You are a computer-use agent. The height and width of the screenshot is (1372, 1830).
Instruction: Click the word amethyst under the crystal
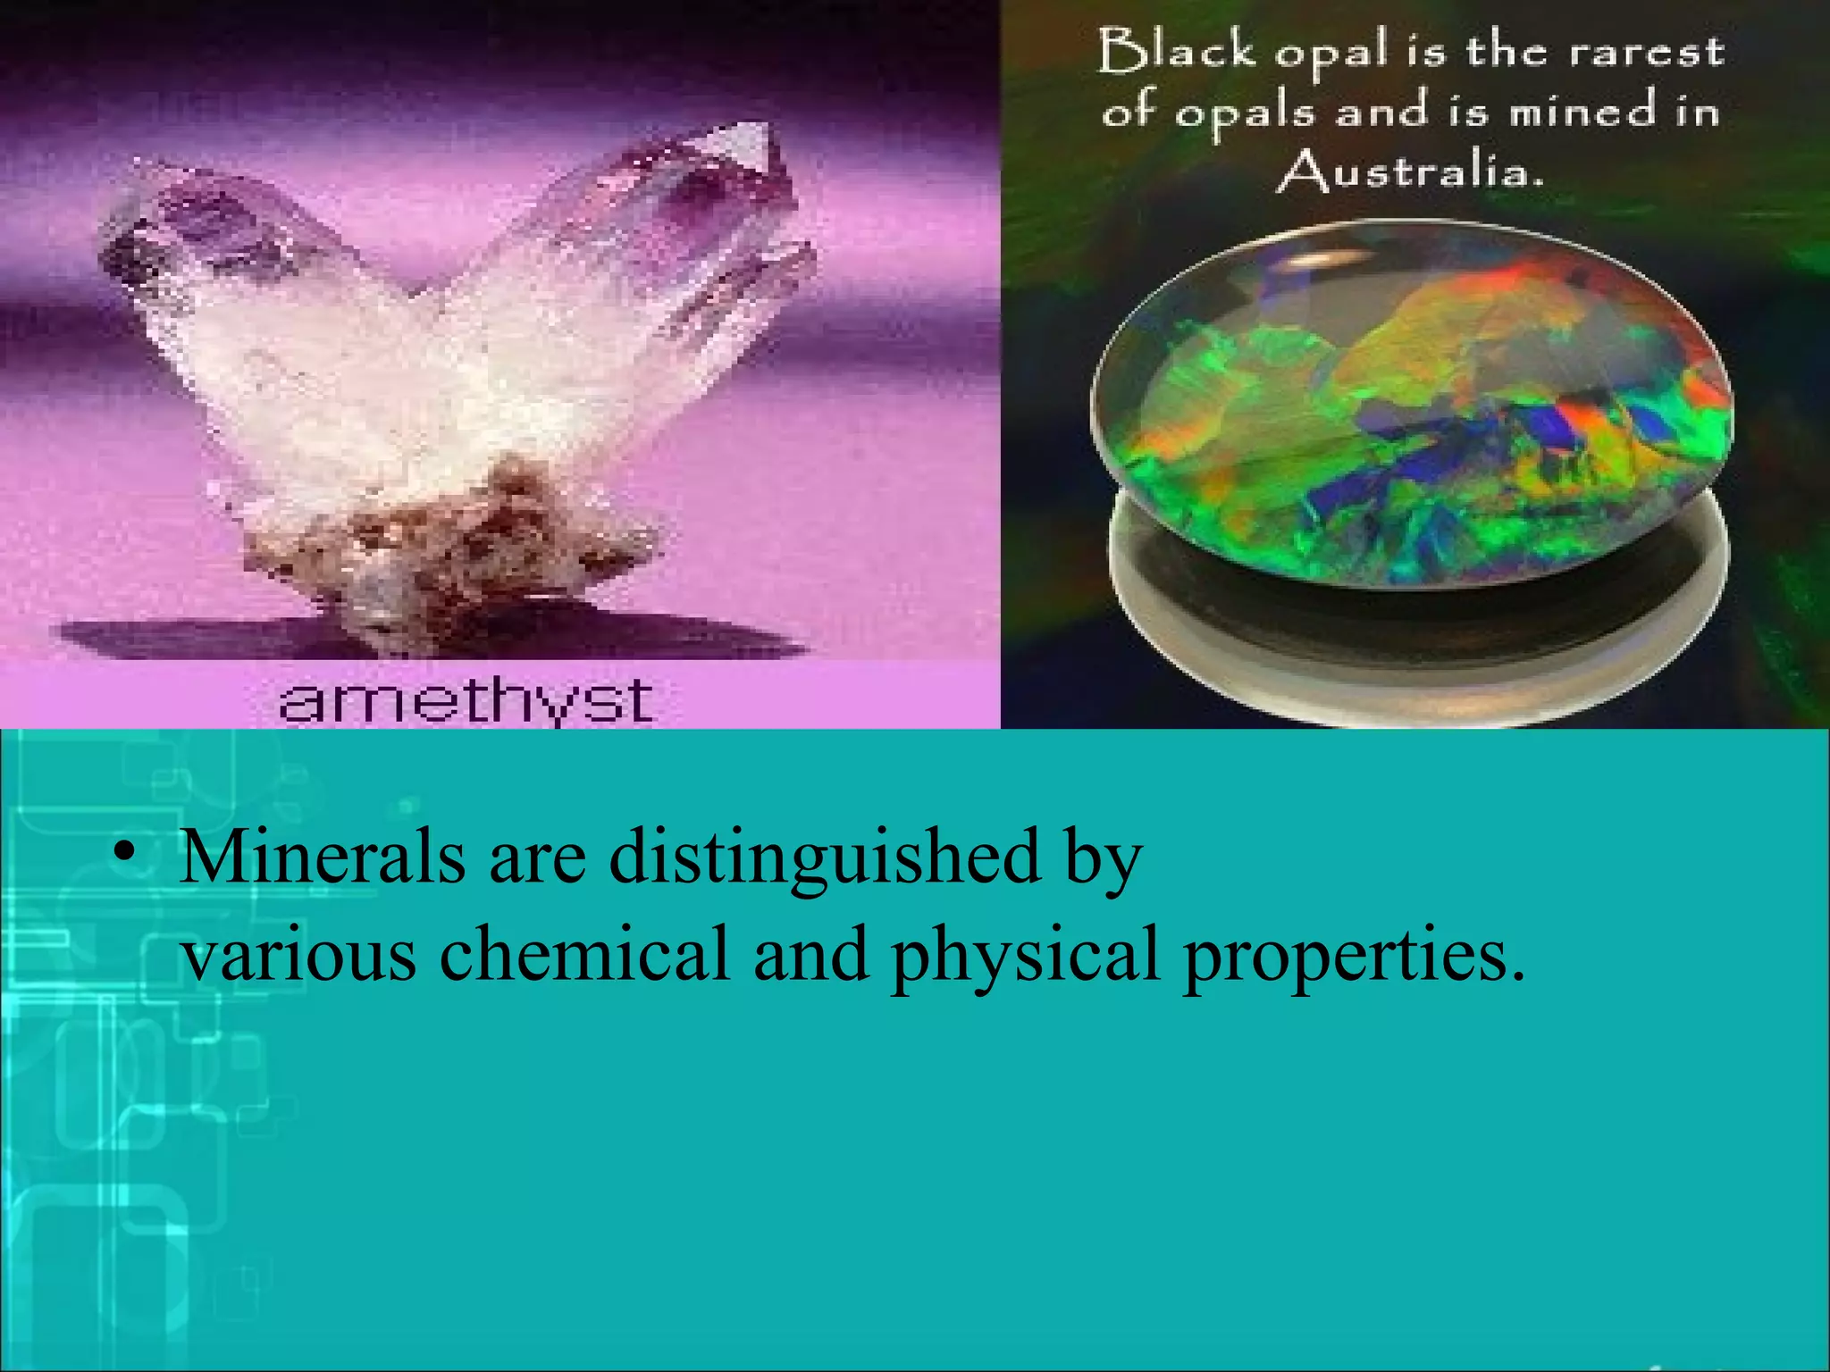coord(466,701)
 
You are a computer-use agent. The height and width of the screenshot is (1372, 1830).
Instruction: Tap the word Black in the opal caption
coord(1177,51)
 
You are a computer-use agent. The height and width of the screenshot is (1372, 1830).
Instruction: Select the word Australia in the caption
coord(1410,171)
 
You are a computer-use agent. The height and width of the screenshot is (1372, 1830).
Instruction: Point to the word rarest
coord(1646,53)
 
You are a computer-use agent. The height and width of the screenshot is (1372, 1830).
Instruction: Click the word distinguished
coord(825,857)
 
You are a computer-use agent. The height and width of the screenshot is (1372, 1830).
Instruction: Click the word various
coord(298,953)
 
